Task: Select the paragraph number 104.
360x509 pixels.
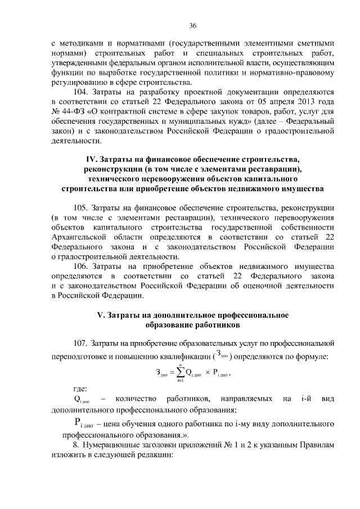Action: pyautogui.click(x=83, y=92)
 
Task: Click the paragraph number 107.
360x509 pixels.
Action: pyautogui.click(x=83, y=343)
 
